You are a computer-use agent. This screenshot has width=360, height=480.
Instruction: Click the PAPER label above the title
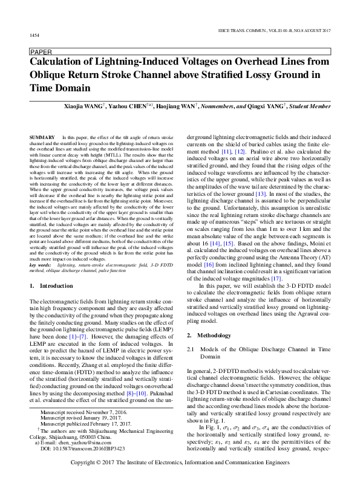pyautogui.click(x=41, y=52)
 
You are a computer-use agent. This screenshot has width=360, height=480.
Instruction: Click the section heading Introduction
pyautogui.click(x=56, y=285)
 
